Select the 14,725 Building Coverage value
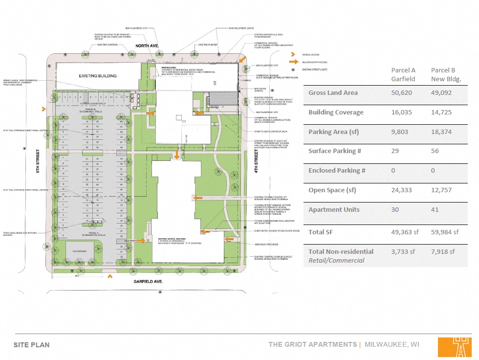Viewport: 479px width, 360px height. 441,112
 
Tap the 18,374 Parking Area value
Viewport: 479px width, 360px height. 441,132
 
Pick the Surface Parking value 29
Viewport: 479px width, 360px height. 395,151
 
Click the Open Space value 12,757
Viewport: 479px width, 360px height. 441,190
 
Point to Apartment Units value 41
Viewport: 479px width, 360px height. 435,210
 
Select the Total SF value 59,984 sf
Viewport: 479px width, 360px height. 445,232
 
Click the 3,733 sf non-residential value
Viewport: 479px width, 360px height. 403,252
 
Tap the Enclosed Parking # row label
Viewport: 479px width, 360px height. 337,171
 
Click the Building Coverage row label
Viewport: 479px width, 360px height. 336,112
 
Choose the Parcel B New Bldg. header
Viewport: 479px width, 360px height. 446,74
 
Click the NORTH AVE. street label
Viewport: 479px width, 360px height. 147,46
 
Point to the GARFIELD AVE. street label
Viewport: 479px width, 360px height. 148,282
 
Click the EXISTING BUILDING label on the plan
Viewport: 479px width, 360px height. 98,76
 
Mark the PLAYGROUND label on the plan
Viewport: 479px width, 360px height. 79,251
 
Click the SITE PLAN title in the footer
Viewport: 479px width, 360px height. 31,345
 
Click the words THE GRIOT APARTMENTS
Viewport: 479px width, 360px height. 313,345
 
